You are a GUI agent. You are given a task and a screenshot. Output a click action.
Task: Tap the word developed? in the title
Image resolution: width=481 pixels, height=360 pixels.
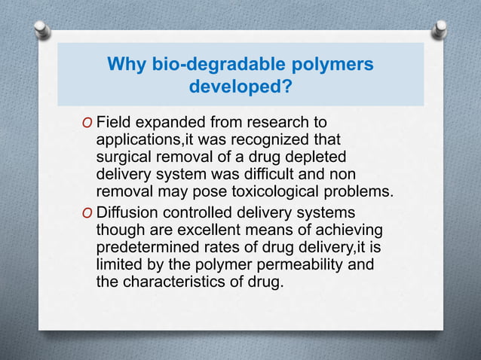(240, 87)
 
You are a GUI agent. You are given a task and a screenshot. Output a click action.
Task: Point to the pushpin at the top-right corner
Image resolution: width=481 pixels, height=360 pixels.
(440, 29)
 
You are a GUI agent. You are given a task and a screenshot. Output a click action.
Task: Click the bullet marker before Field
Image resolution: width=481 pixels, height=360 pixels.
(88, 122)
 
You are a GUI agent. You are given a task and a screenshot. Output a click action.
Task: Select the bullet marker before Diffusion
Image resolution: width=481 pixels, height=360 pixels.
(88, 214)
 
